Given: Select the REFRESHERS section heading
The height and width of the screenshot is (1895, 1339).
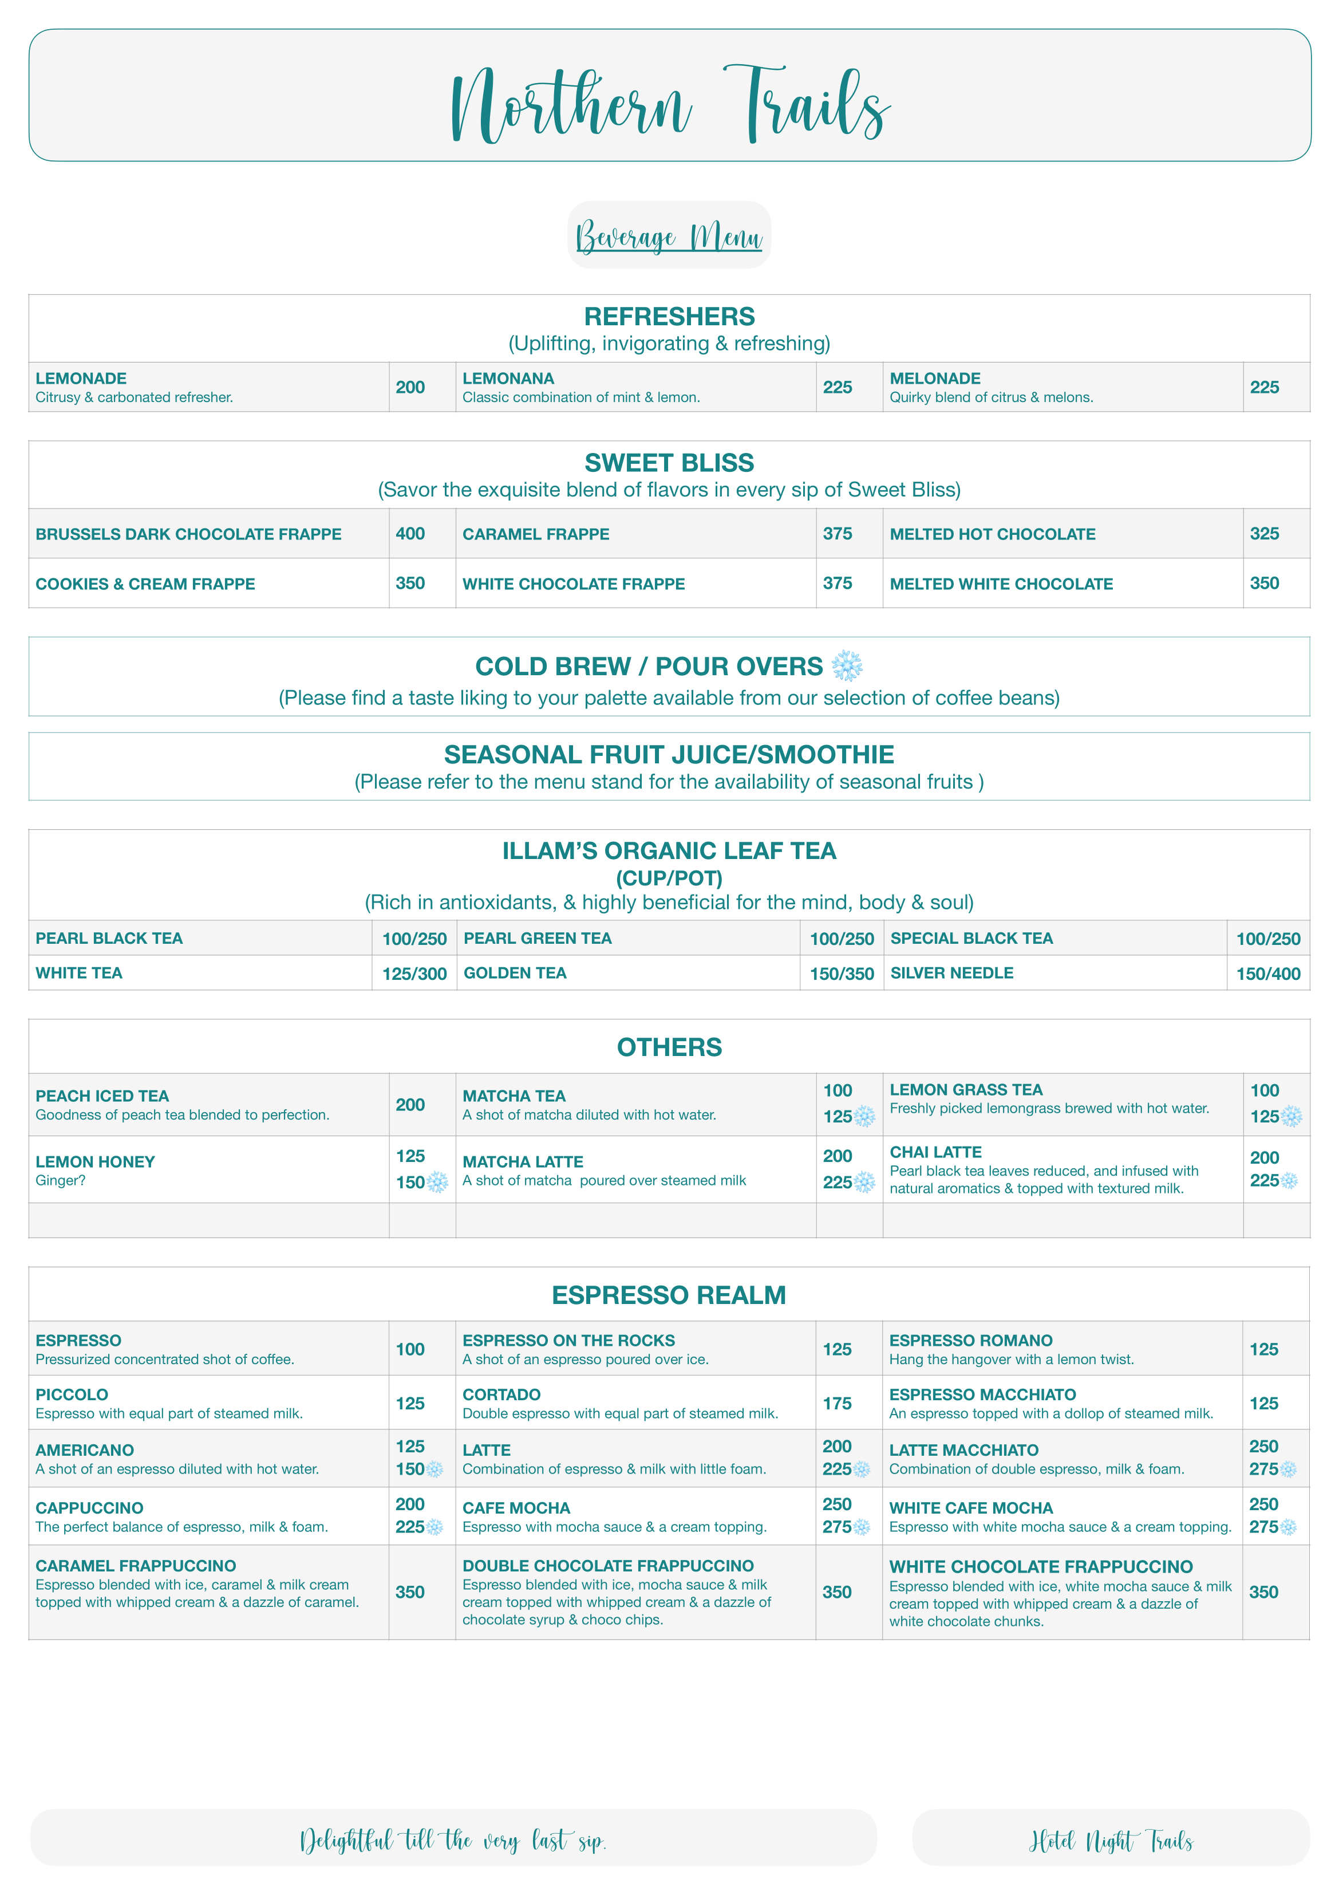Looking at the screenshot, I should point(669,316).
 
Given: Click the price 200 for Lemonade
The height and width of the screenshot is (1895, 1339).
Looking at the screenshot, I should point(410,387).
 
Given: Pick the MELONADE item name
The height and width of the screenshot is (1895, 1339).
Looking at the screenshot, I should point(935,378).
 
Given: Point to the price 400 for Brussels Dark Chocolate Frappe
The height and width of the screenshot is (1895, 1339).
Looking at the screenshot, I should point(410,533).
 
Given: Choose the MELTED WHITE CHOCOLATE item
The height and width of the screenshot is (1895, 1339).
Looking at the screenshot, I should point(1001,584).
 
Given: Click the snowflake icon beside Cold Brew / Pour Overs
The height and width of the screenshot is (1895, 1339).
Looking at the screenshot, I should point(847,666).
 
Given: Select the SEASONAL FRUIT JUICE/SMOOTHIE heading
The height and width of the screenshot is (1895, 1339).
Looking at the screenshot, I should point(669,754).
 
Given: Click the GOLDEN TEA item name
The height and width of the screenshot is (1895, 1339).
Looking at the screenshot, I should point(515,973).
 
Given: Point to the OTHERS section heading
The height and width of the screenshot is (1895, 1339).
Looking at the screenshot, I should point(669,1046).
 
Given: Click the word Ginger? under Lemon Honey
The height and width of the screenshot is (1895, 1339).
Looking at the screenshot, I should point(60,1180).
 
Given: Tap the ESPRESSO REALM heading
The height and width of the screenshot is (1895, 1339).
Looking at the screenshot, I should point(669,1295).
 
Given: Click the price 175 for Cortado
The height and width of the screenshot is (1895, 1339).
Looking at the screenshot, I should point(836,1403).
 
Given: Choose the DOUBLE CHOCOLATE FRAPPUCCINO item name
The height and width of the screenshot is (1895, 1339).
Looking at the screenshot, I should point(608,1566).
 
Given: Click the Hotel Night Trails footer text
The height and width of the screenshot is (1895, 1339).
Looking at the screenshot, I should point(1111,1841).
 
